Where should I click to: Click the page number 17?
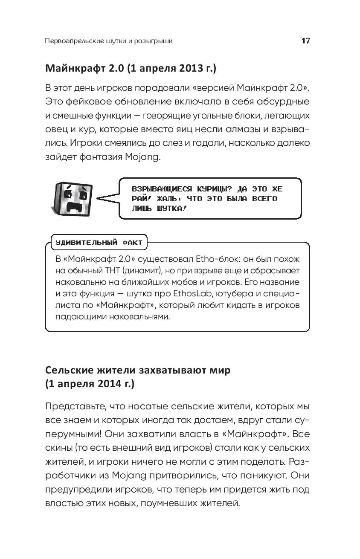click(x=305, y=41)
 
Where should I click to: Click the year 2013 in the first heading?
click(x=186, y=68)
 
